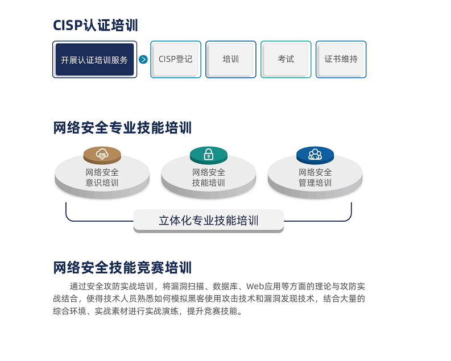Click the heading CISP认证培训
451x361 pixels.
(x=96, y=25)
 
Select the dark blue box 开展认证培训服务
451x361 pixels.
(x=94, y=60)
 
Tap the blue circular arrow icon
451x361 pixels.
(x=143, y=60)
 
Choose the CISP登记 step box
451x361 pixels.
(x=176, y=59)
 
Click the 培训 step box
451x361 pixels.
(x=231, y=59)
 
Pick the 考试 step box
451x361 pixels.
(x=286, y=59)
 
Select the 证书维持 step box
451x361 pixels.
(x=341, y=59)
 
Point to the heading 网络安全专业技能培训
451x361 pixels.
(x=122, y=127)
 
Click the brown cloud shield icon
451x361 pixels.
(x=102, y=154)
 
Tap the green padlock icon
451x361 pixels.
(x=209, y=154)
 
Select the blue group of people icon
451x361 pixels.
(x=315, y=154)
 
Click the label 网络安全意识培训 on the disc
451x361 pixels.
(x=102, y=177)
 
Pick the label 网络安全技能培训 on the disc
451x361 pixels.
(x=209, y=177)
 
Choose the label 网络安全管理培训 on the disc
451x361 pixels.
(x=315, y=177)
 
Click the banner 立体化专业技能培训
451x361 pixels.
(x=209, y=221)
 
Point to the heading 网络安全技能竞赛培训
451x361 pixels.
(x=122, y=268)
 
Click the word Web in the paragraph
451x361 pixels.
(x=255, y=287)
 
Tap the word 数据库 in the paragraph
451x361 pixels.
(x=225, y=287)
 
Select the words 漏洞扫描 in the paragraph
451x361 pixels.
(x=188, y=287)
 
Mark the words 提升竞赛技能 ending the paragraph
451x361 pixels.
(x=212, y=311)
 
